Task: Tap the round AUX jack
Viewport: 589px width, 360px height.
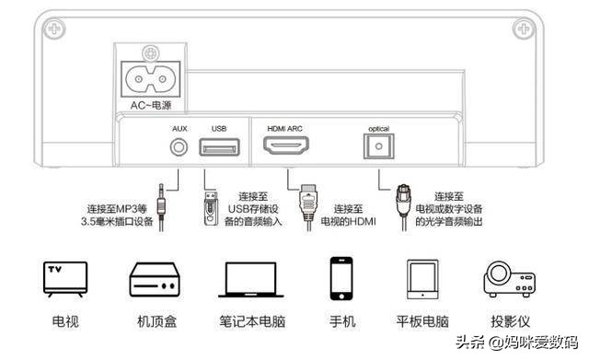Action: tap(180, 145)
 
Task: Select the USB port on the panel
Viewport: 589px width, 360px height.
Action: tap(218, 146)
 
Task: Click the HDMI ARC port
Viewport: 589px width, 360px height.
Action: tap(285, 145)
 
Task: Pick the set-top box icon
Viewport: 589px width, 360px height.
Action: tap(151, 278)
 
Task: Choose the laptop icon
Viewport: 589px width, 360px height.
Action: tap(247, 278)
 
